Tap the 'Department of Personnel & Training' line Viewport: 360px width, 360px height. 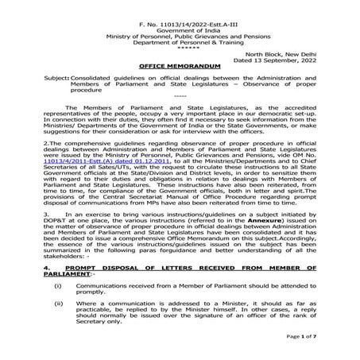click(x=180, y=36)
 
